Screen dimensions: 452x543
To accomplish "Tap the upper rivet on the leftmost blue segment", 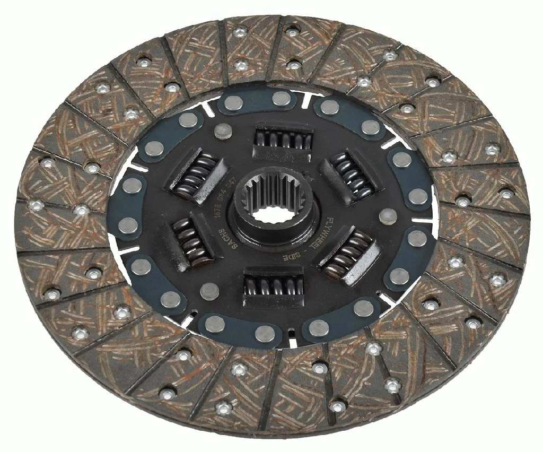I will (133, 185).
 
